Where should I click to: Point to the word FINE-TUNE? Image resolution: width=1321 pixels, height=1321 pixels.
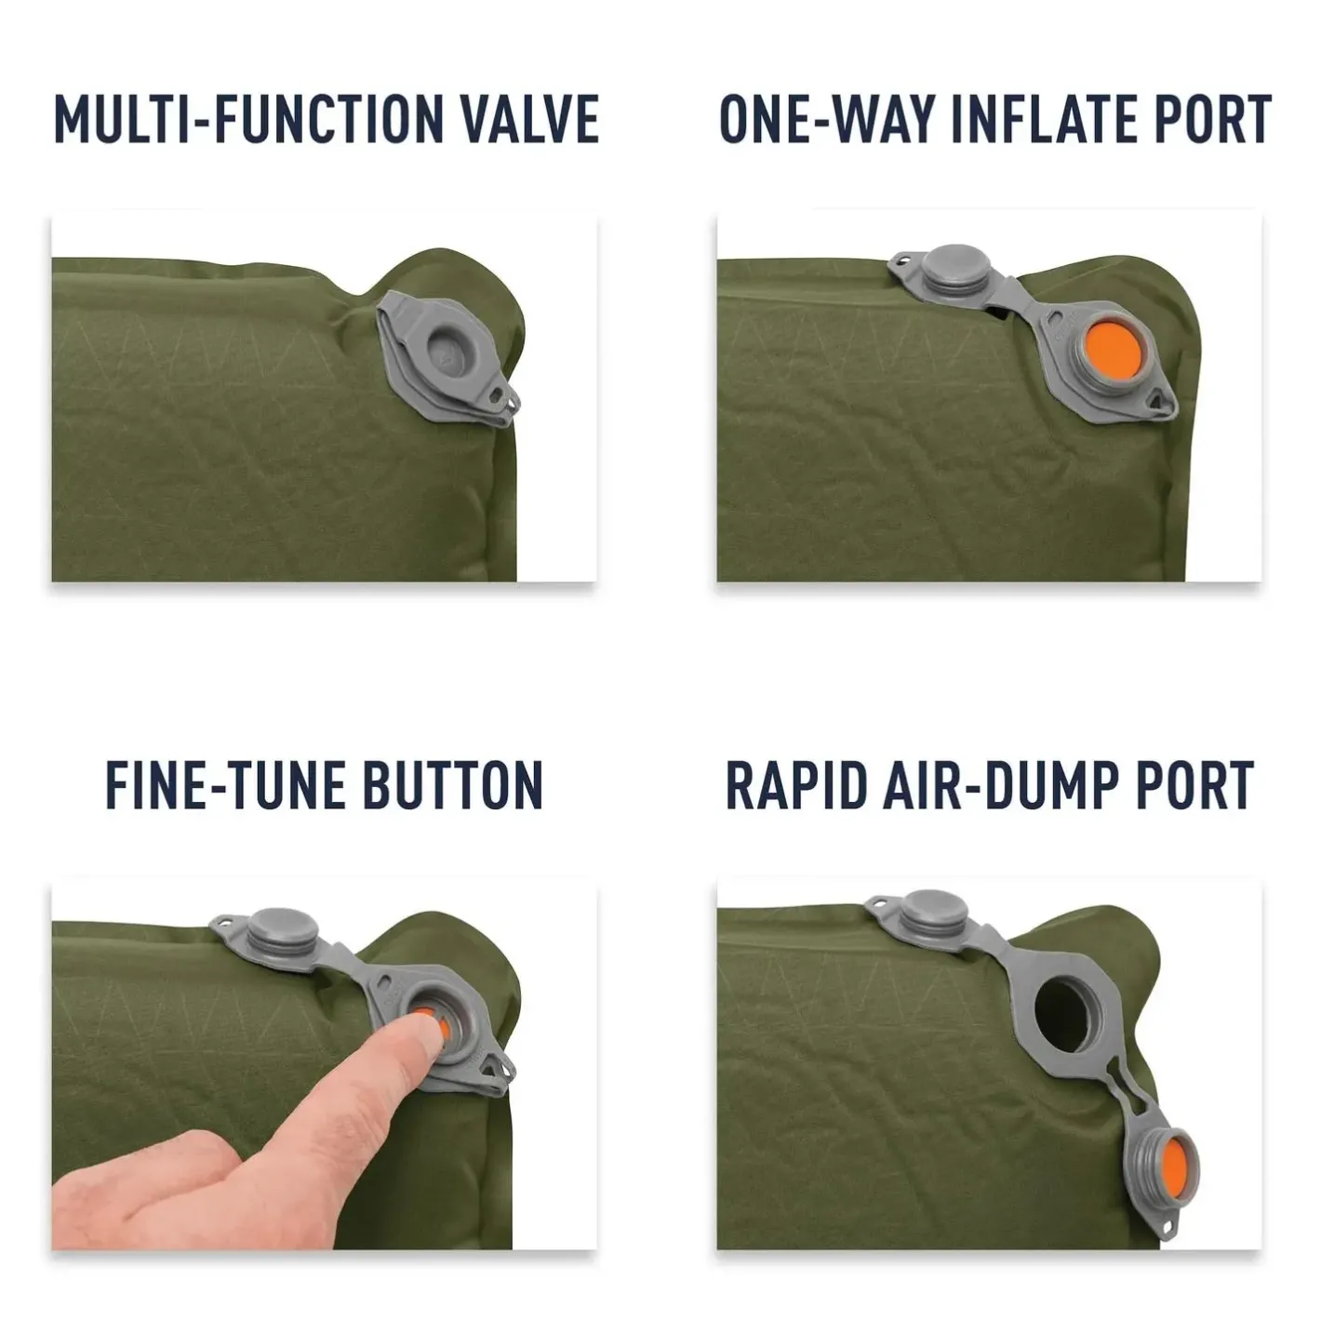[x=225, y=785]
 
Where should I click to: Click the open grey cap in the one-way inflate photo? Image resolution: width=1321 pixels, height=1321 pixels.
[x=955, y=268]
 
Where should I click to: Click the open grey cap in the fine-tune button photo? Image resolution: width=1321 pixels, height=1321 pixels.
[x=283, y=930]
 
